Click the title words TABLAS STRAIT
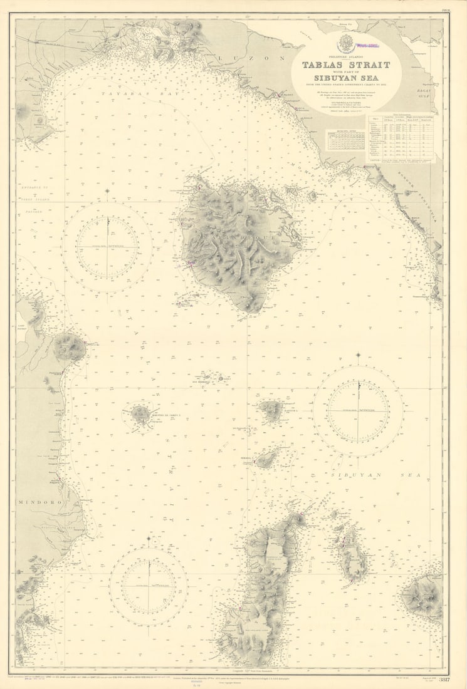point(346,65)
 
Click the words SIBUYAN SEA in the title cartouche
point(346,78)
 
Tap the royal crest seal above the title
point(345,44)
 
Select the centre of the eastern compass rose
point(358,411)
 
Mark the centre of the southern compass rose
point(149,586)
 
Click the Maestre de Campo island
point(140,414)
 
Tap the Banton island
point(271,410)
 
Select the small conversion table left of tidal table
point(345,139)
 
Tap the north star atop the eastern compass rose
point(358,356)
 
